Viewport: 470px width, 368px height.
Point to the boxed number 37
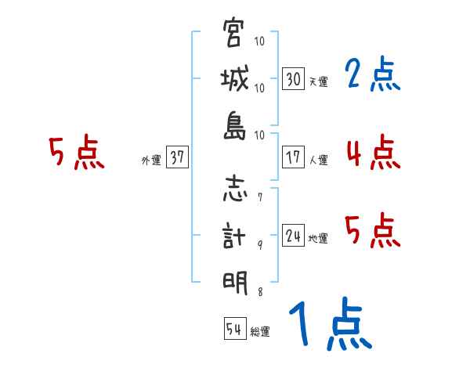[177, 157]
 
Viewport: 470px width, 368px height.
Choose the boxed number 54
[233, 330]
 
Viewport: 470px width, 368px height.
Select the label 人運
[318, 160]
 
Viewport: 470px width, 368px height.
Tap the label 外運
[151, 160]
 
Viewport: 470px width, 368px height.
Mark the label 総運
[260, 332]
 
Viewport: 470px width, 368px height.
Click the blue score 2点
[373, 75]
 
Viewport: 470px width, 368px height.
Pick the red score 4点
[373, 152]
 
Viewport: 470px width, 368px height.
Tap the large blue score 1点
[329, 325]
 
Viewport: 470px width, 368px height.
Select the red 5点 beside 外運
[77, 152]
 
